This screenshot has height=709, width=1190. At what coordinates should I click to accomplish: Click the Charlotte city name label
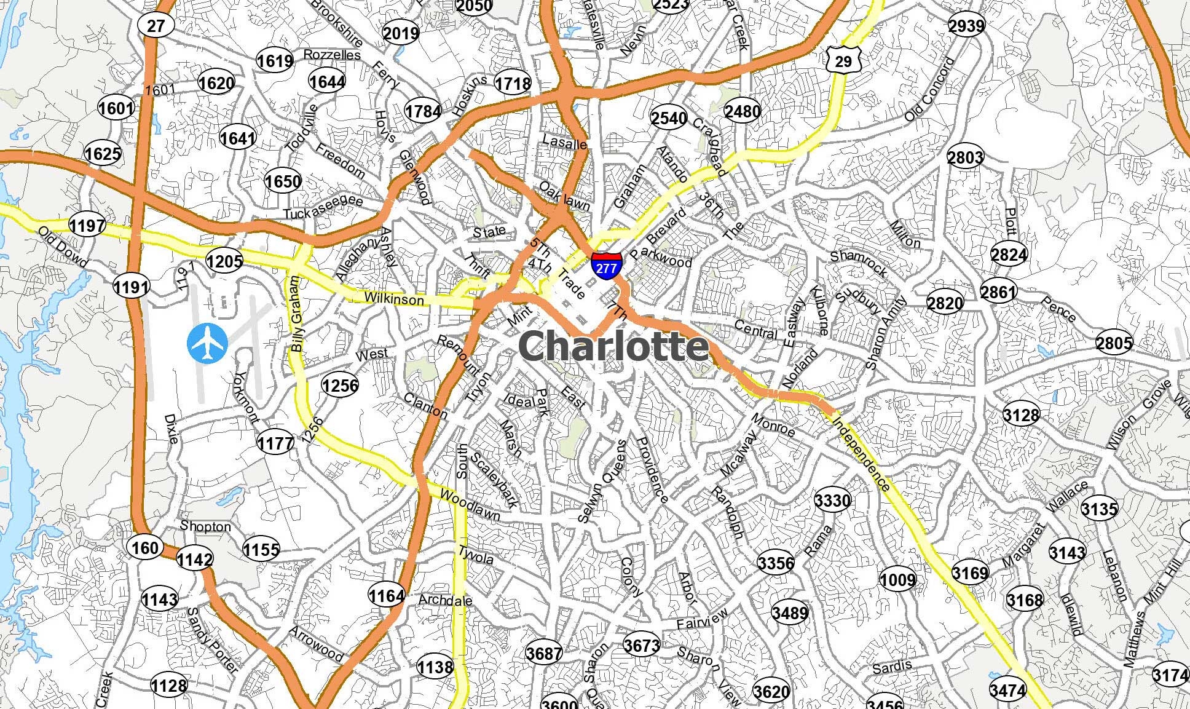tap(614, 346)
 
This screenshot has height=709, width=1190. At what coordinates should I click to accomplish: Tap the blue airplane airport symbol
tap(207, 344)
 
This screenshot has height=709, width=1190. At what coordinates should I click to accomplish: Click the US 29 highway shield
tap(843, 60)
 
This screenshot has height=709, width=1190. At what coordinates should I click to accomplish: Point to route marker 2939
tap(966, 25)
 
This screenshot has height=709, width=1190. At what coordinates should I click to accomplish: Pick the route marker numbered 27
tap(156, 25)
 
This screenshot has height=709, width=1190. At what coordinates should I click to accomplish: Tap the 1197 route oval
tap(87, 226)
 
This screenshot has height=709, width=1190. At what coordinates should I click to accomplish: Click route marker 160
tap(145, 547)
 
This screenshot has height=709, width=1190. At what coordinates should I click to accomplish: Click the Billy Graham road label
tap(297, 314)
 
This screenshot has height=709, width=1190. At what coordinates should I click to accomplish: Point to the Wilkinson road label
tap(394, 299)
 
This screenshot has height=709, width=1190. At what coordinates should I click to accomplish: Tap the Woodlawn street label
tap(470, 505)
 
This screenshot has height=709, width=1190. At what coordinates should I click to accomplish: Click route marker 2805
tap(1113, 343)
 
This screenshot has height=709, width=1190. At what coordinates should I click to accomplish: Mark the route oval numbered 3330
tap(832, 500)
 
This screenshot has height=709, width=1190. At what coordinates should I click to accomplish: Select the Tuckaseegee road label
tap(323, 207)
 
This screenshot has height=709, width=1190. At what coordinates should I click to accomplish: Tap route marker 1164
tap(387, 595)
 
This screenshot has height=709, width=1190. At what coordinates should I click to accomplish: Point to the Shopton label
tap(205, 526)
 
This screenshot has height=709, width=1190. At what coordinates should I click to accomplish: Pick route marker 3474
tap(1008, 689)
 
